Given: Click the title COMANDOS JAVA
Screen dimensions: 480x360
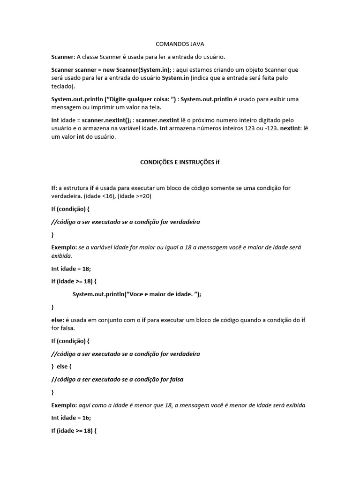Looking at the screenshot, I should (x=180, y=44).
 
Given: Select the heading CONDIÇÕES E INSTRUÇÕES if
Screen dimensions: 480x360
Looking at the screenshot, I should (x=180, y=162).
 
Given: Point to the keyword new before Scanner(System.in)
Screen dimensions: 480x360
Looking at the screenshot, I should (x=102, y=69).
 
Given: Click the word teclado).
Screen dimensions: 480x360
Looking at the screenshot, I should (x=63, y=86).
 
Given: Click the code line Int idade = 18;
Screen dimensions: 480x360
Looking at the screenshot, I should (x=71, y=269).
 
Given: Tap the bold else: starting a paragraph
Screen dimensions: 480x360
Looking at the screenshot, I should (x=58, y=320).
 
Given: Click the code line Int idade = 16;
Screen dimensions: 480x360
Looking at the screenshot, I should (x=71, y=417).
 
